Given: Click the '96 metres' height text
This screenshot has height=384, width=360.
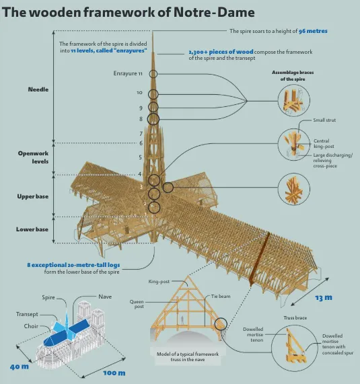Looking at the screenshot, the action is click(x=313, y=31).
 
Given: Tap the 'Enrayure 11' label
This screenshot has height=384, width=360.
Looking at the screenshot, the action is click(x=128, y=73).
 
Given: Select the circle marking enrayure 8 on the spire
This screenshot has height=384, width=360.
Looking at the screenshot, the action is click(x=153, y=119).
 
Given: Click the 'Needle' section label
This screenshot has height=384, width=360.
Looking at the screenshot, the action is click(x=38, y=89).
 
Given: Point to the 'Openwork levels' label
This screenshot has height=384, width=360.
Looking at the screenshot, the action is click(x=33, y=157).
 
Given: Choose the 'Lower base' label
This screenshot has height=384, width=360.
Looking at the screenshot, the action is click(x=32, y=229).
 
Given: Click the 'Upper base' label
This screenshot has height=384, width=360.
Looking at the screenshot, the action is click(x=32, y=196).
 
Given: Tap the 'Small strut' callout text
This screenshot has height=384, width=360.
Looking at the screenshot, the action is click(x=324, y=120).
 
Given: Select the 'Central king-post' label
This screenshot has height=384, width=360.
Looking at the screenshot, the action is click(x=324, y=143).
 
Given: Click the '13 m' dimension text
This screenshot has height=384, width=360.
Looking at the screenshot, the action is click(x=324, y=297).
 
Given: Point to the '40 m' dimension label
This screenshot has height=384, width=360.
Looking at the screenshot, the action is click(x=19, y=367).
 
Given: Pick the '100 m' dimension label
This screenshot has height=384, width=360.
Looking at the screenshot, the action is click(x=114, y=373).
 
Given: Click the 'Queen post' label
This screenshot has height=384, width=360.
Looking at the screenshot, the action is click(x=137, y=304).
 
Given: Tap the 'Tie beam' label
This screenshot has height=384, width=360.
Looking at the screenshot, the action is click(x=221, y=297).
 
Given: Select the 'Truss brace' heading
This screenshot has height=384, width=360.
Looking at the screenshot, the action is click(x=295, y=318).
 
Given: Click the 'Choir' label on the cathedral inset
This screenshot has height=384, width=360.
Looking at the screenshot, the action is click(x=31, y=326).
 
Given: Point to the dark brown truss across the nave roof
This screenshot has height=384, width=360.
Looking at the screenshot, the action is click(x=260, y=259).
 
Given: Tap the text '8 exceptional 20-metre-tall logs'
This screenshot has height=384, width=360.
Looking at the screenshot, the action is click(x=73, y=265).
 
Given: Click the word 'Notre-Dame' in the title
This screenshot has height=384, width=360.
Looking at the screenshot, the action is click(x=214, y=12).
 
